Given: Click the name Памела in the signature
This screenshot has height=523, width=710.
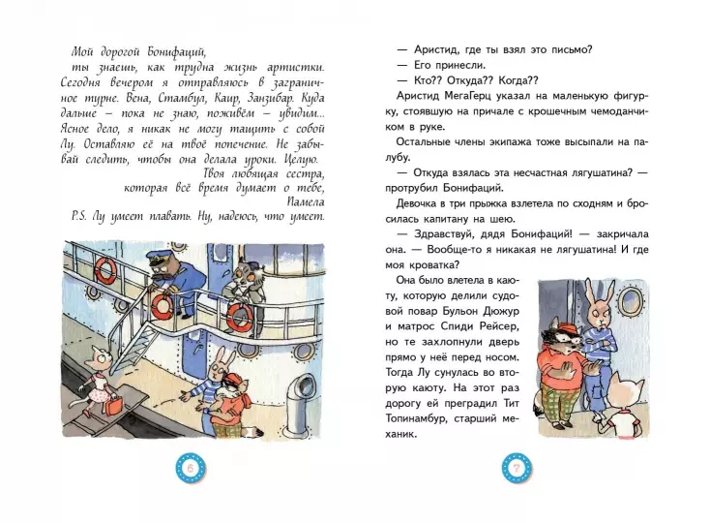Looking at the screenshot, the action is (x=306, y=201).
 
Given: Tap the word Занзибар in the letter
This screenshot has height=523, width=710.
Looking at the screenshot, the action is (x=271, y=98).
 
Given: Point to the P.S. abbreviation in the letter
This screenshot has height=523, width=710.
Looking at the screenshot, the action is (x=79, y=216).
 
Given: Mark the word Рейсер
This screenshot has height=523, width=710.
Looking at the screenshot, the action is (x=500, y=326).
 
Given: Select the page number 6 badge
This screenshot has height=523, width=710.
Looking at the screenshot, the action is (x=191, y=468).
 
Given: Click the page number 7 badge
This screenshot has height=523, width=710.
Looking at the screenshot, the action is (x=517, y=468).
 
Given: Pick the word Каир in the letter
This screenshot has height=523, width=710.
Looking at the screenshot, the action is (x=227, y=98).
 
